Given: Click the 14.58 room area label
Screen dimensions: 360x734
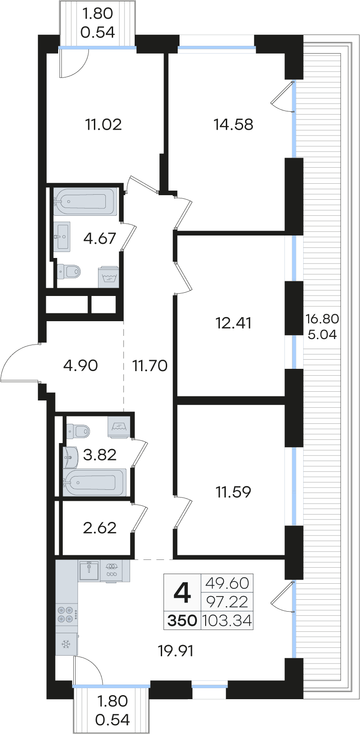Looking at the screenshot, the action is pyautogui.click(x=234, y=125).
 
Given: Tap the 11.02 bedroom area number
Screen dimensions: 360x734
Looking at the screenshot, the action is pyautogui.click(x=104, y=125).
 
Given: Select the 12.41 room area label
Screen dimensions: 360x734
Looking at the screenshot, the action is pyautogui.click(x=234, y=323).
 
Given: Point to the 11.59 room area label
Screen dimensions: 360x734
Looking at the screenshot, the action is pyautogui.click(x=234, y=492).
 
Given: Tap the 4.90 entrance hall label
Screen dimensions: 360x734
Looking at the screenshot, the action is pyautogui.click(x=80, y=366).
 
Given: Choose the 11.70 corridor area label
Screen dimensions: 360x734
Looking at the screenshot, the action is pyautogui.click(x=150, y=366).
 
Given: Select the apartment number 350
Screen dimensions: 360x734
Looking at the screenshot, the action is pyautogui.click(x=182, y=620).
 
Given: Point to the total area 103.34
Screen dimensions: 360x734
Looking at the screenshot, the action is pyautogui.click(x=227, y=620).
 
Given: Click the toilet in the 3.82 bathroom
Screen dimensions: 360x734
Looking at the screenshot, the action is pyautogui.click(x=78, y=431).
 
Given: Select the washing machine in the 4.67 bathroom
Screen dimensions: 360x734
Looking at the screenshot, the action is pyautogui.click(x=109, y=277).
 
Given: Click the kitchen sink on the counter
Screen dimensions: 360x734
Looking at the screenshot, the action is pyautogui.click(x=88, y=571).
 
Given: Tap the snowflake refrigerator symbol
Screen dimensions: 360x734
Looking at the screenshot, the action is pyautogui.click(x=66, y=645).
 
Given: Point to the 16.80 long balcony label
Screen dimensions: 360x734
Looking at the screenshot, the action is pyautogui.click(x=322, y=318).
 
